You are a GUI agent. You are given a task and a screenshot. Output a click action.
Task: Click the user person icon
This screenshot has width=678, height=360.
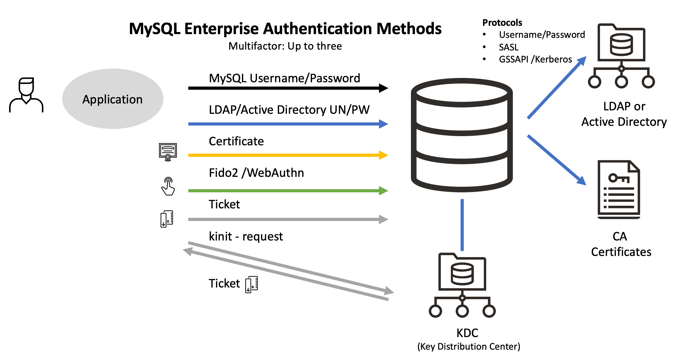coord(26,95)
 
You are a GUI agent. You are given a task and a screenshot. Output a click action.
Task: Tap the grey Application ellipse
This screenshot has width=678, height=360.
coord(113,99)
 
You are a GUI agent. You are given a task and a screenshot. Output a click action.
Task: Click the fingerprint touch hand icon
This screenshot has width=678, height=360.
coord(168,186)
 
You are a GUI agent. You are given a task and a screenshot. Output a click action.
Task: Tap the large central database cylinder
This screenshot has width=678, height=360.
coord(462,135)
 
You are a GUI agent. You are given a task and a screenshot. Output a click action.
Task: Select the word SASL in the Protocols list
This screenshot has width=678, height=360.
coord(509,47)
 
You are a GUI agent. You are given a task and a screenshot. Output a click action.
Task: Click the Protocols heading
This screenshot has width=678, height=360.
coord(502,23)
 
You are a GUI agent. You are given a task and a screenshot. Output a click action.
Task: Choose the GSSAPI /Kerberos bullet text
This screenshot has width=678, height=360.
coord(535,59)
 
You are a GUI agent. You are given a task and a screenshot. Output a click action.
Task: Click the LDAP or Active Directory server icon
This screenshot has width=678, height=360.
coord(621,56)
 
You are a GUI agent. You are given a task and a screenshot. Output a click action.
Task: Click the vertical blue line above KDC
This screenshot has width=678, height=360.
coord(462,225)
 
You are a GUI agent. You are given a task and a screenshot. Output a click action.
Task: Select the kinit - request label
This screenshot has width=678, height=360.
coord(246,236)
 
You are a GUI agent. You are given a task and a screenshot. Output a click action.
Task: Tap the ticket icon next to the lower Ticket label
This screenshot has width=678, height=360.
coord(252,284)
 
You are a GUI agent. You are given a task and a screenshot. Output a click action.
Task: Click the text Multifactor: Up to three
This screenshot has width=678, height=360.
coord(285,46)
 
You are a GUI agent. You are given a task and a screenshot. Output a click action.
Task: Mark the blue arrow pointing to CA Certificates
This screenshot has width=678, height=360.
coord(556,160)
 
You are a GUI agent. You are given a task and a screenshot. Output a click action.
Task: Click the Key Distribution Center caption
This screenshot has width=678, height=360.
coord(469,347)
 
